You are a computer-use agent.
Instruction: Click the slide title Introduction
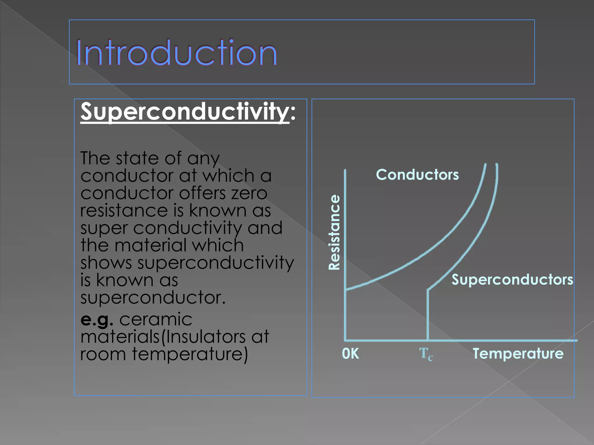[x=176, y=53]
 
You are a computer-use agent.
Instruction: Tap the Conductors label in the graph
[x=417, y=175]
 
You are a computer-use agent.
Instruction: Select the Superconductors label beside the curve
[x=512, y=280]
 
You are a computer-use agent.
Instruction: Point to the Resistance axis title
[x=334, y=232]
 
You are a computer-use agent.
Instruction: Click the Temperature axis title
[x=518, y=354]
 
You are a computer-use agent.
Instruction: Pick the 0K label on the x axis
[x=350, y=354]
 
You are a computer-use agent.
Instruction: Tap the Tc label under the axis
[x=425, y=354]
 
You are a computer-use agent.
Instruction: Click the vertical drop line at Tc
[x=428, y=316]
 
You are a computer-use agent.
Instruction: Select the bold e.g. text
[x=96, y=320]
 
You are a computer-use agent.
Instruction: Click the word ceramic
[x=156, y=320]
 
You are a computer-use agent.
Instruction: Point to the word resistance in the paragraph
[x=124, y=211]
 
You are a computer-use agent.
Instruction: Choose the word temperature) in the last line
[x=190, y=354]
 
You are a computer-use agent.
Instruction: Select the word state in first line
[x=137, y=158]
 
